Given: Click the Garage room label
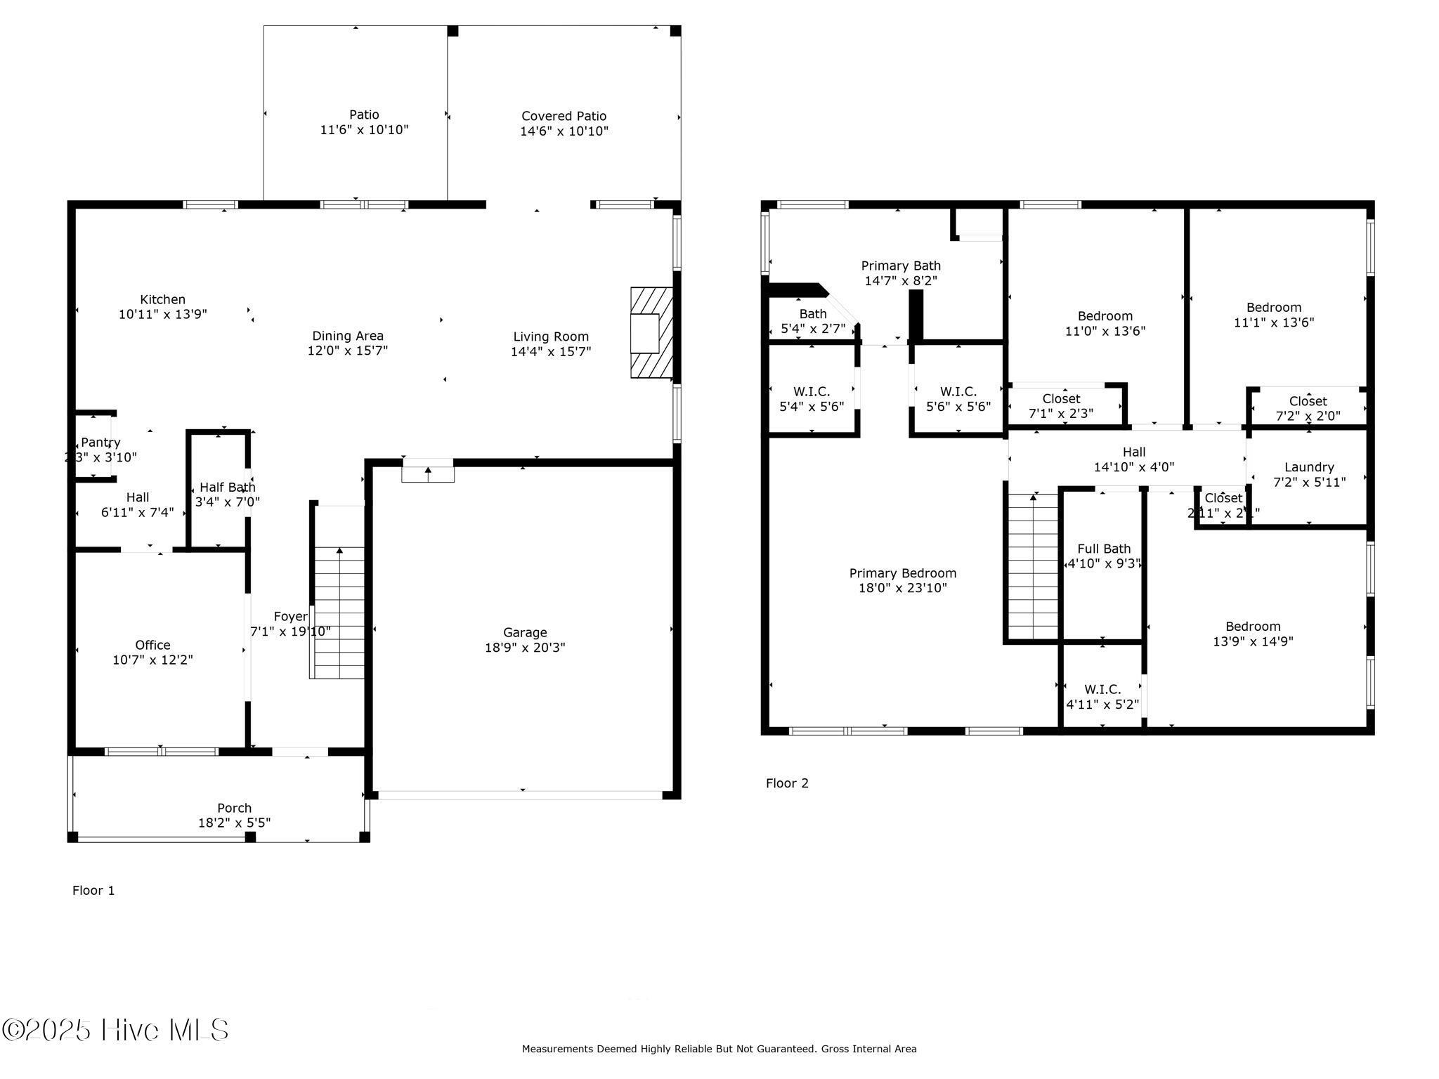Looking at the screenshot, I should [525, 632].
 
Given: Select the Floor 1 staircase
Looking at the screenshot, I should [339, 611].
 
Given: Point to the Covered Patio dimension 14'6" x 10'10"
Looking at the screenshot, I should [564, 131].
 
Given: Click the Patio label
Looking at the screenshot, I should [364, 115].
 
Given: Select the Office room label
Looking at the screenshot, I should [152, 645].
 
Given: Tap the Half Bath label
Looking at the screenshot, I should [227, 487].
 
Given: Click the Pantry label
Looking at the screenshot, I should [100, 443].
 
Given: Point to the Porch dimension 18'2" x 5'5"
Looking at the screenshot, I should [234, 823].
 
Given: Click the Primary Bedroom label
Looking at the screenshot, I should [902, 573].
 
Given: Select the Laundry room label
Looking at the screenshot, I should [1308, 467].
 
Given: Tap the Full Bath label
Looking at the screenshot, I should [1104, 549].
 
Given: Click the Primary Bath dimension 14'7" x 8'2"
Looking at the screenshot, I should [901, 280].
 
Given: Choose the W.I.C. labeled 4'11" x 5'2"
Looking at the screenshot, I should [1102, 697].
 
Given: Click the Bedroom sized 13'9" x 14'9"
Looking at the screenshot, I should [1252, 634].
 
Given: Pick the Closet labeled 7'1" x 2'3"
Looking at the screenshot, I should [1061, 406].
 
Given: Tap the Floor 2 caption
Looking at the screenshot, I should [787, 783].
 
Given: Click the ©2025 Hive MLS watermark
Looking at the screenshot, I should [116, 1030].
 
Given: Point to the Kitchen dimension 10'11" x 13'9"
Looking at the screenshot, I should [162, 314].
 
